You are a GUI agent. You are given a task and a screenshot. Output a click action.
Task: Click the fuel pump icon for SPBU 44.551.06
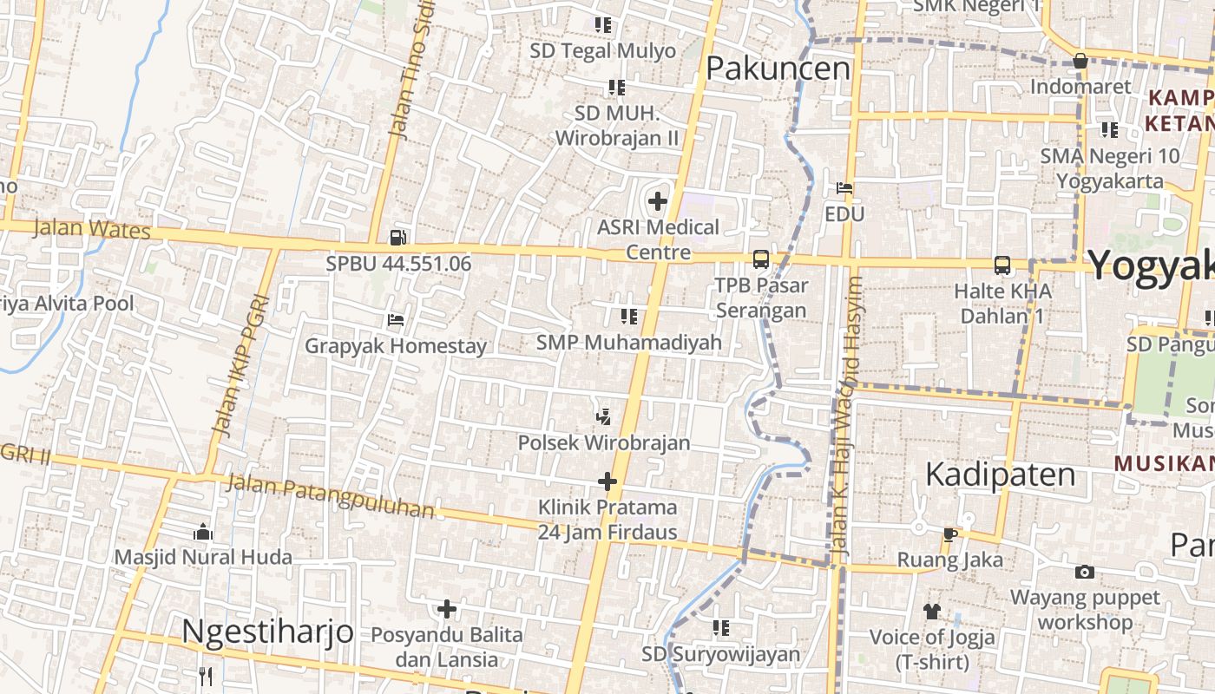[398, 237]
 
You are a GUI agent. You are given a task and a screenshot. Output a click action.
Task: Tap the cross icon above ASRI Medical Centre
[658, 201]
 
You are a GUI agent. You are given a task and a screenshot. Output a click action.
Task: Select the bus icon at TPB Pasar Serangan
[761, 259]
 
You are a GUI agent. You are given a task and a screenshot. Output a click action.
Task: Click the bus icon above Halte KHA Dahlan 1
[1002, 265]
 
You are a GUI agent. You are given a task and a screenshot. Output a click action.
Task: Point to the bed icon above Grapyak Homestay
[396, 320]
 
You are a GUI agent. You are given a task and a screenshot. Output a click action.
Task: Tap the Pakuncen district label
[778, 68]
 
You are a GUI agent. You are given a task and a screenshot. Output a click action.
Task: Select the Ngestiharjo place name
[267, 631]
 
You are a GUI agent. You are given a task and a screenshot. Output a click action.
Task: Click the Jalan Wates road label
[92, 230]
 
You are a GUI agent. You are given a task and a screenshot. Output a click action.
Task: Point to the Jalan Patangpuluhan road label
[330, 496]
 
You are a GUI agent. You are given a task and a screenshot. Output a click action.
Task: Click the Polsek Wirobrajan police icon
[603, 417]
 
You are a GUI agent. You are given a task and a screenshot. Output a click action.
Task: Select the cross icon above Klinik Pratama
[607, 481]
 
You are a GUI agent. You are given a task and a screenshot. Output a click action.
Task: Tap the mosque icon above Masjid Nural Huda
[203, 531]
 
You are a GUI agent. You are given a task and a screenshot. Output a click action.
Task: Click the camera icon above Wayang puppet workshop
[1084, 572]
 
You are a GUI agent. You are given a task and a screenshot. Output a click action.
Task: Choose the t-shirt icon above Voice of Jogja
[932, 611]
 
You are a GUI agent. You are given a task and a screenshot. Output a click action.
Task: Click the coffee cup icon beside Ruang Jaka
[950, 534]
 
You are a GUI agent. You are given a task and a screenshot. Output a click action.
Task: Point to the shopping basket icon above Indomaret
[1080, 61]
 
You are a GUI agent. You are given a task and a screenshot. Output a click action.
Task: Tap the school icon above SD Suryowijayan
[721, 626]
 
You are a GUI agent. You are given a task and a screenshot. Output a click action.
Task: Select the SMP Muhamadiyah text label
[629, 343]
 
